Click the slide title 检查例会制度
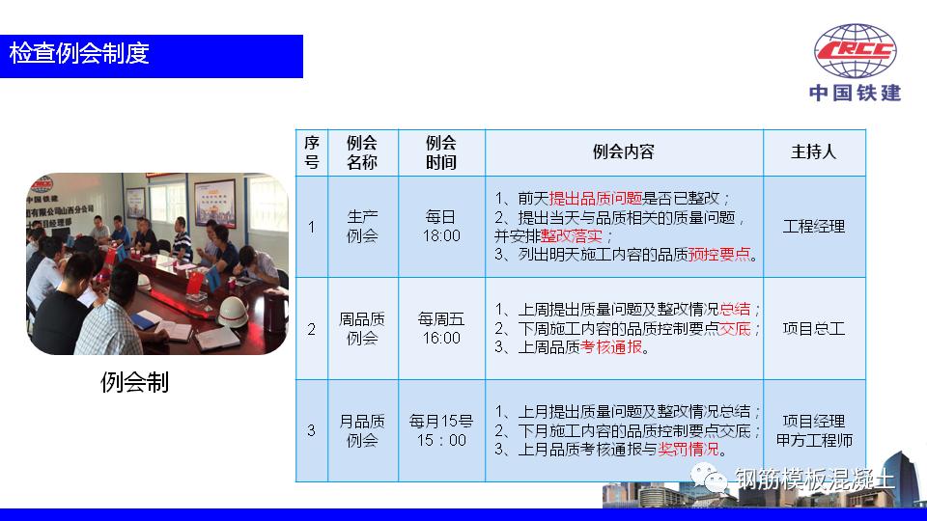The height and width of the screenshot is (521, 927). click(x=79, y=54)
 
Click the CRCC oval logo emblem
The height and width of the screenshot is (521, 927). click(x=856, y=53)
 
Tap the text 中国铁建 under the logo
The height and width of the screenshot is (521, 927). click(x=856, y=94)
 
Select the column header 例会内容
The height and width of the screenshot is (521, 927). click(x=624, y=152)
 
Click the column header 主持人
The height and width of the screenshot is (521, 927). click(x=814, y=152)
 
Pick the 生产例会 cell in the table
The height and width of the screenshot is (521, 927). click(x=362, y=227)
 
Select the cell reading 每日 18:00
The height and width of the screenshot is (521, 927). click(x=441, y=227)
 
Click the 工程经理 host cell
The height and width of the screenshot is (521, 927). click(x=814, y=227)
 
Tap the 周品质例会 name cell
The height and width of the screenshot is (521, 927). click(x=362, y=328)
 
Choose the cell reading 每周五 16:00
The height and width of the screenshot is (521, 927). click(x=441, y=328)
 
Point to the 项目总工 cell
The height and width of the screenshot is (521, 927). click(x=814, y=328)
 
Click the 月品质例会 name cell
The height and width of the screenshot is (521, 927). click(x=362, y=430)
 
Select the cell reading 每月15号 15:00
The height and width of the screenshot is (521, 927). click(x=441, y=430)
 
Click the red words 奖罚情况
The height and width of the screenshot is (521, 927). click(x=689, y=450)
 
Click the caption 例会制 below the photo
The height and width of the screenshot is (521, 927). click(x=134, y=383)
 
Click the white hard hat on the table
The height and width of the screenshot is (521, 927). click(x=234, y=311)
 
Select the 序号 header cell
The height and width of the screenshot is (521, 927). click(x=311, y=152)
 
